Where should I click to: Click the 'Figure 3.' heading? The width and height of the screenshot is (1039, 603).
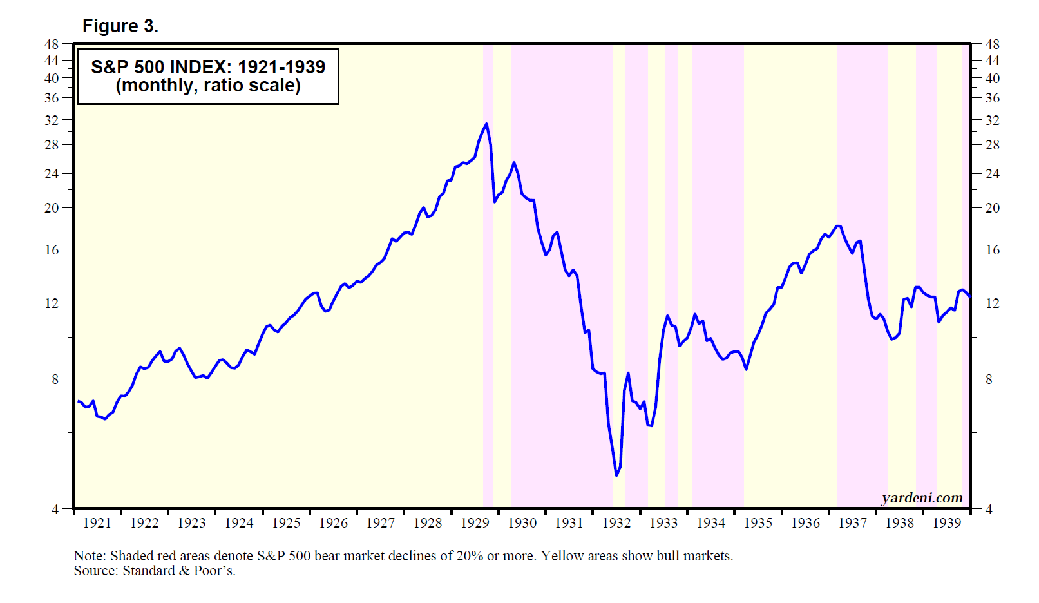click(120, 26)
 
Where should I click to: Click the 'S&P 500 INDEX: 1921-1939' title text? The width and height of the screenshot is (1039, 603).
click(208, 67)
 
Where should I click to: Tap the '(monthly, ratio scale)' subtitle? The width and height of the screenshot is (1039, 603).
click(208, 86)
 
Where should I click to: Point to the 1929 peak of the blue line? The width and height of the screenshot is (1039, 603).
click(486, 124)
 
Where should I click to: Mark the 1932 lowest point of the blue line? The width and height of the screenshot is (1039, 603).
click(616, 475)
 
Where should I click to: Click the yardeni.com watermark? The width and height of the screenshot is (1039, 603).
click(922, 498)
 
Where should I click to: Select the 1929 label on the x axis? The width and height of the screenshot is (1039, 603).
click(475, 523)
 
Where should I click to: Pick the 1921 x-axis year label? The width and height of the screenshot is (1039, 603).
click(97, 523)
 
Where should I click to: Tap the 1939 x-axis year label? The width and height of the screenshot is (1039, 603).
click(946, 523)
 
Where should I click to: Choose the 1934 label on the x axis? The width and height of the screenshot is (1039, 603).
click(710, 523)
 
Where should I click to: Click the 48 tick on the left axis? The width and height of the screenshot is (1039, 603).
click(52, 44)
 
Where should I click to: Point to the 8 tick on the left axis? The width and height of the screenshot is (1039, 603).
click(55, 379)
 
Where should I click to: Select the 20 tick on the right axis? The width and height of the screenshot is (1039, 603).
click(993, 208)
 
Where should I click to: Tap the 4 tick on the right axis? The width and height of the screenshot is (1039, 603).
click(989, 510)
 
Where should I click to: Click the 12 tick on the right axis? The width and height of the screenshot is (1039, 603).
click(993, 303)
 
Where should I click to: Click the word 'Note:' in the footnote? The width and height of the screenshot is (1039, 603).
click(90, 556)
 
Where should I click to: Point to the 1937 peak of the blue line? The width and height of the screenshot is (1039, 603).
click(837, 226)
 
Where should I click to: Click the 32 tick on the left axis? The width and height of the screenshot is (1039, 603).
click(52, 120)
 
